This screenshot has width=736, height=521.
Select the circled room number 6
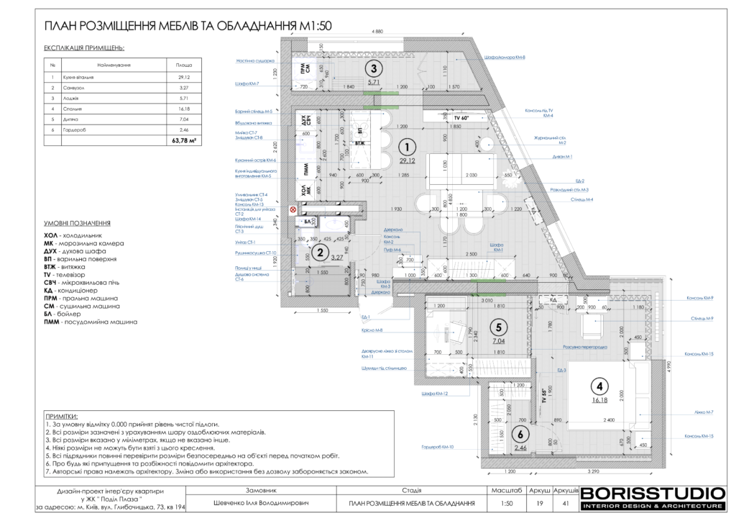coord(520,435)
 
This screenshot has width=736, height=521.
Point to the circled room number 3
coord(372,69)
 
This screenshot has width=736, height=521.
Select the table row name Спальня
coord(73,108)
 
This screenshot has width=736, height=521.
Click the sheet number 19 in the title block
coord(539,504)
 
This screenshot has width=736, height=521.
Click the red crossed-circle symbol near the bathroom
coord(293,210)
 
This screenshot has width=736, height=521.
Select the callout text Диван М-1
coord(563,156)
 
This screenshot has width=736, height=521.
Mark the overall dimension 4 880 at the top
coord(378,32)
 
